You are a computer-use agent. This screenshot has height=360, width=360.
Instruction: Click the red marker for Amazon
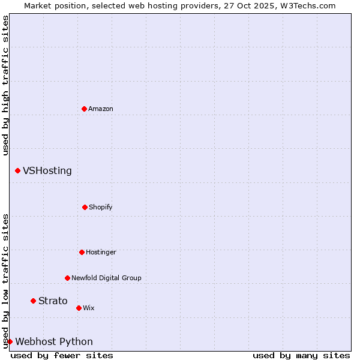click(84, 109)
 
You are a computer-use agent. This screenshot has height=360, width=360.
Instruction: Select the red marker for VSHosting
click(17, 171)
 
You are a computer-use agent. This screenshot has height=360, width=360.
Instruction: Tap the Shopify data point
click(85, 207)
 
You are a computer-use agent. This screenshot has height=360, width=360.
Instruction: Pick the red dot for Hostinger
click(82, 252)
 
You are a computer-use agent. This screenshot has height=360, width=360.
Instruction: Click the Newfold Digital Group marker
click(67, 278)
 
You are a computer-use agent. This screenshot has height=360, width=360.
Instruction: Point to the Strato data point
click(33, 301)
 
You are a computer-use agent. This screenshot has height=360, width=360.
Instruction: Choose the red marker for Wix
click(79, 308)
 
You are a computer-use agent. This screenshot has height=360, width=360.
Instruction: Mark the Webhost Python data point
click(10, 341)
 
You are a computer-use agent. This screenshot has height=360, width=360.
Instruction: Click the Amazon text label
click(101, 109)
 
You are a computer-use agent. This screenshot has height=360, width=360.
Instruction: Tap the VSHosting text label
click(47, 171)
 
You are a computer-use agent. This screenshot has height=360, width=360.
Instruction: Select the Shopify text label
click(101, 207)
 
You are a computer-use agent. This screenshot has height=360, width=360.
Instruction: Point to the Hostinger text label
click(101, 252)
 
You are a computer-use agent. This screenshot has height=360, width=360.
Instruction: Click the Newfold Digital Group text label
click(106, 278)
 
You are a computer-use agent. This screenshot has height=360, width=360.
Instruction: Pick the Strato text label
click(53, 301)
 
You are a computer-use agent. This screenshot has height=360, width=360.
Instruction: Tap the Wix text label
click(89, 308)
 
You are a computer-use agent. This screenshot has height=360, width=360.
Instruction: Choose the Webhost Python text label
click(54, 341)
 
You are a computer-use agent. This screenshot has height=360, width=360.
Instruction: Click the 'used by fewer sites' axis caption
click(62, 355)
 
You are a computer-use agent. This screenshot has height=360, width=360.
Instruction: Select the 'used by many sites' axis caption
click(301, 355)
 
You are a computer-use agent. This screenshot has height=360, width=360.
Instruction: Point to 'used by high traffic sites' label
click(5, 85)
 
